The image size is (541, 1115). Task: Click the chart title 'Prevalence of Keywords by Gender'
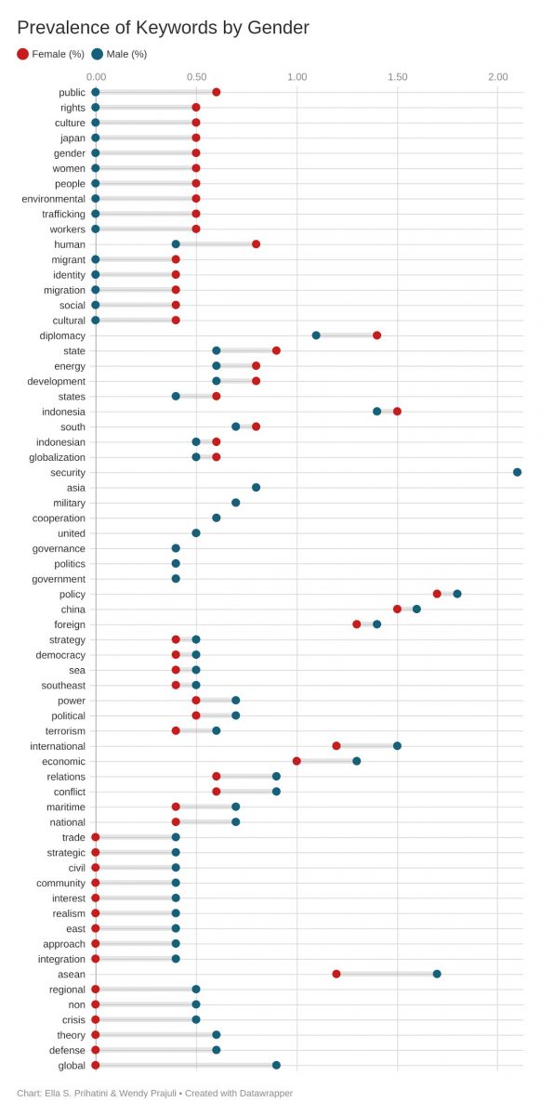[x=163, y=28]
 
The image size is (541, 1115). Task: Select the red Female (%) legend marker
[x=22, y=54]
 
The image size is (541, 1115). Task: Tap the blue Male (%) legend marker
[x=98, y=54]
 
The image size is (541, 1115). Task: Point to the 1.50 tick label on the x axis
[x=397, y=76]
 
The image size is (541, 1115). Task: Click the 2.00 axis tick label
[x=497, y=76]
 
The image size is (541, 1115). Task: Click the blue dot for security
[x=517, y=472]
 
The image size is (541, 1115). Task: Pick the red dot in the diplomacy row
[x=376, y=335]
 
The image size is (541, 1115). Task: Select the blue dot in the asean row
[x=437, y=974]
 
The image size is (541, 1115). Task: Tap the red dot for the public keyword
[x=217, y=92]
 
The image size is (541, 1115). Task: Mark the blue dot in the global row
[x=276, y=1065]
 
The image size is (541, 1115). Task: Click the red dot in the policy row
[x=437, y=594]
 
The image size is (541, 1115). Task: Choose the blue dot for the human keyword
[x=176, y=243]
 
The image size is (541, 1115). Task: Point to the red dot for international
[x=336, y=745]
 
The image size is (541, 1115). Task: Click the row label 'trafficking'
[x=63, y=214]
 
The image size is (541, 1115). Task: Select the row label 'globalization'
[x=57, y=457]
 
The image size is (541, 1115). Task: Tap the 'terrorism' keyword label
[x=65, y=730]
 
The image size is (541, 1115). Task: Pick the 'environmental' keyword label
[x=53, y=199]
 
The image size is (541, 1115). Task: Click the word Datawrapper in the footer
[x=266, y=1093]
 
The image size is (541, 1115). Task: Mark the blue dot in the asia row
[x=256, y=487]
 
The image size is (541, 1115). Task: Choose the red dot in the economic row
[x=297, y=761]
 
